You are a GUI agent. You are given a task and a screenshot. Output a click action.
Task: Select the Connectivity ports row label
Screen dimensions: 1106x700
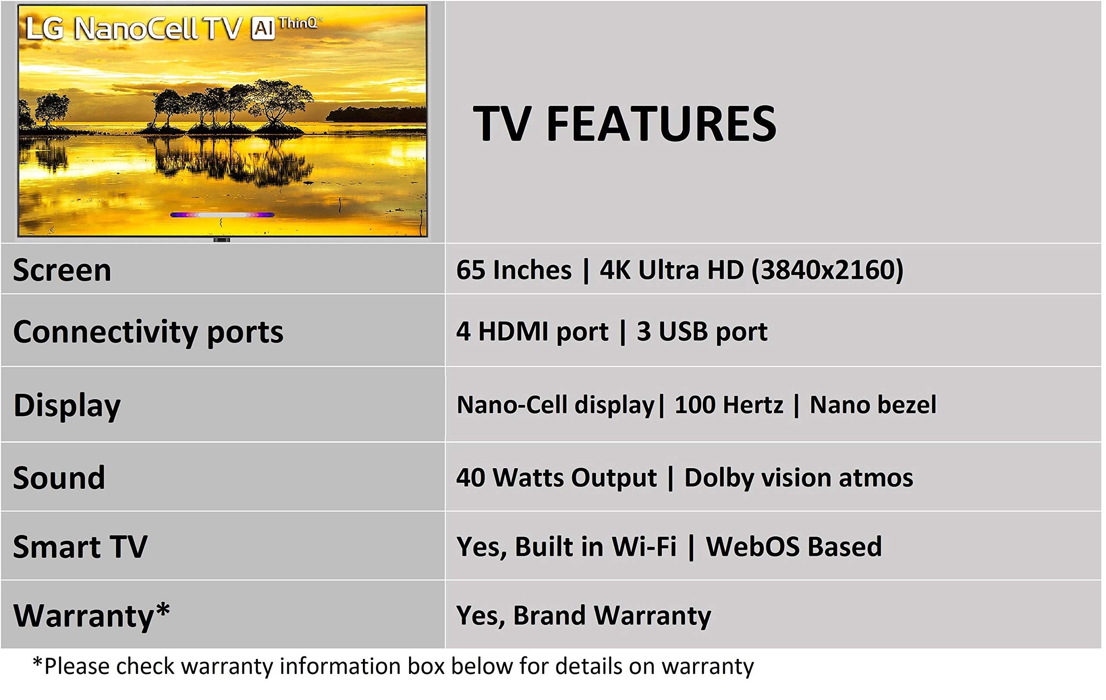click(148, 333)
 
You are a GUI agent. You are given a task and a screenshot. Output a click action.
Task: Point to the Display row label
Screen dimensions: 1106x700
click(67, 406)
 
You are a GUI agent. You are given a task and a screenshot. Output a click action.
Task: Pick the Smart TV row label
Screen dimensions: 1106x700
click(80, 547)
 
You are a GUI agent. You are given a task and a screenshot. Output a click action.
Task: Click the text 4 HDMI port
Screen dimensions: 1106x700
click(532, 332)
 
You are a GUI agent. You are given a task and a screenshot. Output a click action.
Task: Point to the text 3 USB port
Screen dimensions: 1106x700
click(702, 332)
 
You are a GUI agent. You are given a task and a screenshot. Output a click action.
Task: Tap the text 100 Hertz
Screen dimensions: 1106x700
click(728, 405)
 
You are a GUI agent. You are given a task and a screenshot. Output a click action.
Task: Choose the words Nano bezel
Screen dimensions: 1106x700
click(873, 405)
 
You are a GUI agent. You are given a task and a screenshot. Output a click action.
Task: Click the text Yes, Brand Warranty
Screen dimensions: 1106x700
click(583, 615)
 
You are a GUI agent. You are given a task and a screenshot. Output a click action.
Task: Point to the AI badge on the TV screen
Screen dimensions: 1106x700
click(263, 29)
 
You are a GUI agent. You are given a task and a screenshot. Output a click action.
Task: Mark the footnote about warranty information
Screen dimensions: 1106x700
click(393, 666)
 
